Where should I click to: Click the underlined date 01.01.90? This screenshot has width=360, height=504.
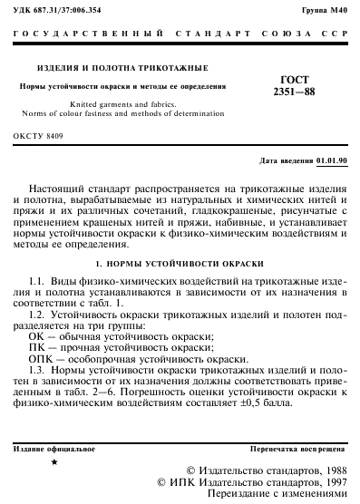coord(331,160)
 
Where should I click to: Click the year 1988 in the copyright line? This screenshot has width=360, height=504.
coord(329,470)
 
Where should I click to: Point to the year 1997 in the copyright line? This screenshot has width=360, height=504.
coord(329,482)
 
